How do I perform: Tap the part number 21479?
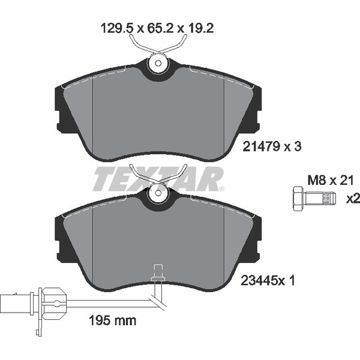(261, 146)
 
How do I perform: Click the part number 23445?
(259, 280)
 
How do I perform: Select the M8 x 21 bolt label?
(330, 180)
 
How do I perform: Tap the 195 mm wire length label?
(112, 320)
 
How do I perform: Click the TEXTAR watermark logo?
(158, 179)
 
